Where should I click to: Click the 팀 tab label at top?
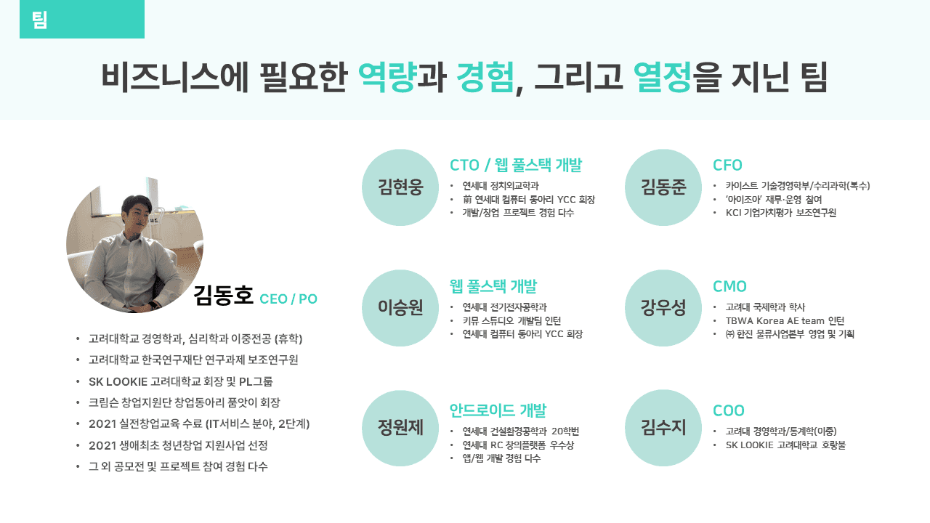(x=40, y=20)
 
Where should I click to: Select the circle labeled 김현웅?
(x=400, y=187)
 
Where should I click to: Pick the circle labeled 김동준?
(x=663, y=187)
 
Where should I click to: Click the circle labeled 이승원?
(x=400, y=308)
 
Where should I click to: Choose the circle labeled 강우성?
(x=663, y=308)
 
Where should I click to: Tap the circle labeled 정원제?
(x=400, y=428)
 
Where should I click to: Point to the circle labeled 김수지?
(x=663, y=428)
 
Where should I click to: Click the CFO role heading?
(x=727, y=165)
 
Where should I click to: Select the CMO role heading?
(x=729, y=286)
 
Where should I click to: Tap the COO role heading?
(x=729, y=410)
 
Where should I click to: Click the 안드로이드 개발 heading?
(x=498, y=410)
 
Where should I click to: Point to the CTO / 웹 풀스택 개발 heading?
(x=516, y=165)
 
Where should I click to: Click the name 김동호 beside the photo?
(x=223, y=296)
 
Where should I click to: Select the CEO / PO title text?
(x=288, y=299)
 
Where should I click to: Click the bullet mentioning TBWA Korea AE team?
(x=785, y=320)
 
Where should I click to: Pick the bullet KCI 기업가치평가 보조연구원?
(x=781, y=213)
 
